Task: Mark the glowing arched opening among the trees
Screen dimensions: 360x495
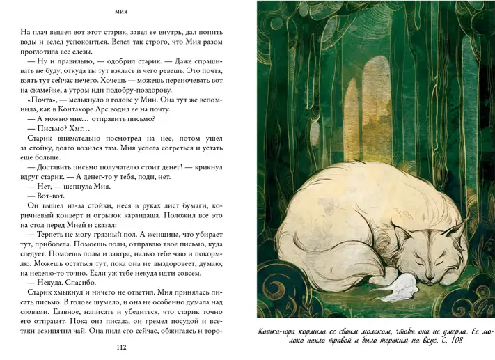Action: (x=369, y=91)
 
